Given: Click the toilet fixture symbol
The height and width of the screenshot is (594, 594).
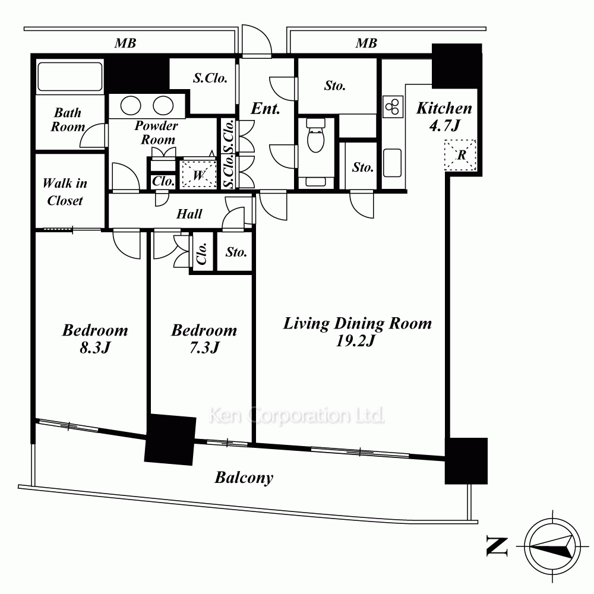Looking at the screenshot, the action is click(x=315, y=135).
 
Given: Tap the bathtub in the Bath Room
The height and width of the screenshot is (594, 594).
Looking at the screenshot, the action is click(x=69, y=76).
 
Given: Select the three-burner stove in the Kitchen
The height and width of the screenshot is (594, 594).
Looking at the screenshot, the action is click(x=393, y=106).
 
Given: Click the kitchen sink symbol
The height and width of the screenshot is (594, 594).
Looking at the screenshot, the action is click(x=392, y=163).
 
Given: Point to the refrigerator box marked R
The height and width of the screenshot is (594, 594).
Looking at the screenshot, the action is click(x=460, y=155).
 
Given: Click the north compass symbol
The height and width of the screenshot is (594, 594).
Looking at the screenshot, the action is click(x=552, y=546).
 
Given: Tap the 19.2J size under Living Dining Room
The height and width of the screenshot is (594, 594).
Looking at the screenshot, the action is click(x=355, y=341).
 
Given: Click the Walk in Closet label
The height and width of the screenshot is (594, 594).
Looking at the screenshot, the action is click(x=65, y=192).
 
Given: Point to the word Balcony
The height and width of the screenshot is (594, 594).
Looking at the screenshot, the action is click(x=244, y=478).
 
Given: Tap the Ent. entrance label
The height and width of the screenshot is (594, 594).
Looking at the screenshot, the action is click(x=265, y=109).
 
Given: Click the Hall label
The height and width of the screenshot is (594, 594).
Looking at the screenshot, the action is click(x=189, y=214).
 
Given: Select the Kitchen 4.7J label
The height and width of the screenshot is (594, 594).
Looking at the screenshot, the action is click(x=444, y=116).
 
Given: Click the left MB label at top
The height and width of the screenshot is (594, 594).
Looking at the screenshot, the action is click(x=125, y=43).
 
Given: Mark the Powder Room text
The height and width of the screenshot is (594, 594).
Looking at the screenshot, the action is click(x=156, y=132).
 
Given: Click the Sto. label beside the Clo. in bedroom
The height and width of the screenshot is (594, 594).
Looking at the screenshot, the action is click(x=236, y=252).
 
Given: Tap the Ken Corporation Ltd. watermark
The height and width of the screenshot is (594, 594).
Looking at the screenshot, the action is click(x=296, y=416).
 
